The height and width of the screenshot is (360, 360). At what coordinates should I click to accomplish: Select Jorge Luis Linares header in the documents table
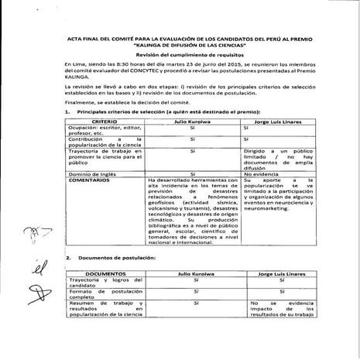pos(278,274)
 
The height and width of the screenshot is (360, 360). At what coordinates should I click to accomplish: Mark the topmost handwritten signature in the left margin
pos(33,232)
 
